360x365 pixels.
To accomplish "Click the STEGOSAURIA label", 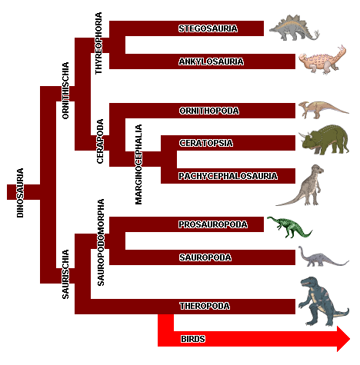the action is (x=208, y=28).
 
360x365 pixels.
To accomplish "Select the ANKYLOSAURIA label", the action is (x=211, y=61).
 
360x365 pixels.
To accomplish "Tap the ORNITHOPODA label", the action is (x=209, y=111).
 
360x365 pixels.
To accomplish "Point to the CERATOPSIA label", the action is (x=206, y=143).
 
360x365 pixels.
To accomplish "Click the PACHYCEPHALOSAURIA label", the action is (x=228, y=176).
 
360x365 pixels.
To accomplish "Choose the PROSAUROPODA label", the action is (x=213, y=224).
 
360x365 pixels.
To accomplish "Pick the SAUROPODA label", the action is (x=205, y=257).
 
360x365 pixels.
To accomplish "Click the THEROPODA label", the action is (x=205, y=306).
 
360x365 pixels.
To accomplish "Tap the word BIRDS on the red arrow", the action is (x=193, y=339).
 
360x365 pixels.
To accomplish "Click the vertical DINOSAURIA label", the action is (x=20, y=193).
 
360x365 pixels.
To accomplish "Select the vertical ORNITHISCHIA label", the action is (x=65, y=91).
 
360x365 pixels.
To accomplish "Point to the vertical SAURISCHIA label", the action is (x=65, y=274).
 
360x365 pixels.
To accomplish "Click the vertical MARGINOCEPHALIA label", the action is (x=138, y=164).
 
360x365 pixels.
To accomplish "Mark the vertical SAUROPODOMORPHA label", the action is (x=101, y=242).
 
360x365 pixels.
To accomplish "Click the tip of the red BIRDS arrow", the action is (x=350, y=339).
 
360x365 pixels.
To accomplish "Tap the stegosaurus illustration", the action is (x=294, y=28).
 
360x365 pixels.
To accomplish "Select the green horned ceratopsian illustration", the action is (x=325, y=139).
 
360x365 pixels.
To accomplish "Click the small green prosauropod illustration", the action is (x=289, y=227).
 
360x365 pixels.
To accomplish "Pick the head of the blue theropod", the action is (x=310, y=282).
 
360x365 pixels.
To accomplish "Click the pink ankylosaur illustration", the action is (x=322, y=60).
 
